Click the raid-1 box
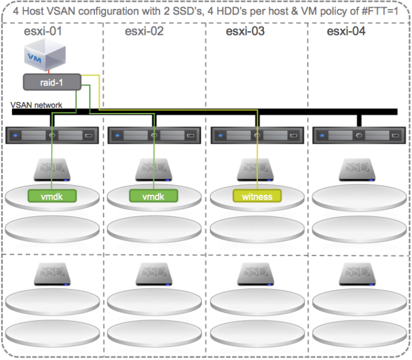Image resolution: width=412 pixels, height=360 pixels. pos(51,82)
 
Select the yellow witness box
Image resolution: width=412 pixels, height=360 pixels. pos(257,196)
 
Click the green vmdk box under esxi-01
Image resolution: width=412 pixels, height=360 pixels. pos(52,196)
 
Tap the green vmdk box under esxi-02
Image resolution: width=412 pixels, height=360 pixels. pos(155,196)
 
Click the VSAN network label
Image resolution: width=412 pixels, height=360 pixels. pos(37,105)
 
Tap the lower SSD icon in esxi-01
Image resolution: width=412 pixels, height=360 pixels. pos(52,273)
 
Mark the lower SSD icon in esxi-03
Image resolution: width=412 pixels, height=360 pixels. pos(257,273)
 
